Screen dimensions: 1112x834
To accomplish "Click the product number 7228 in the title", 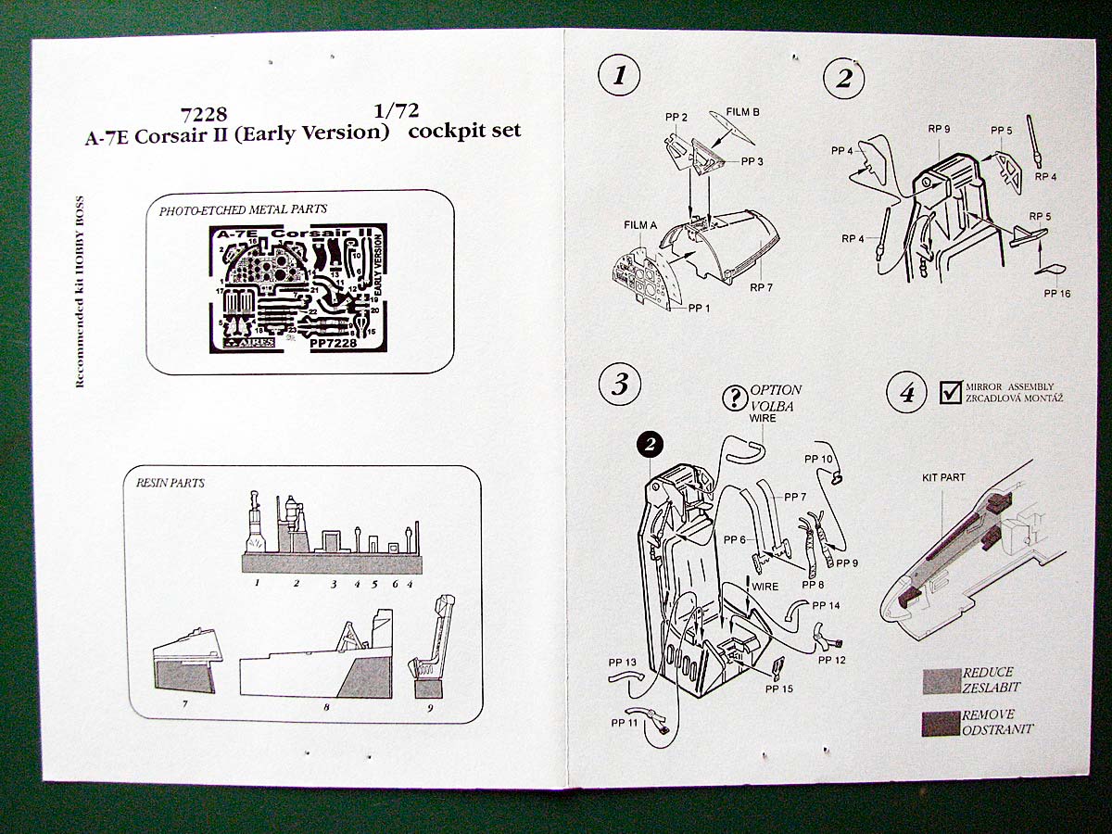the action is click(205, 113).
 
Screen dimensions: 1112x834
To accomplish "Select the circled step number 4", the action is click(905, 395).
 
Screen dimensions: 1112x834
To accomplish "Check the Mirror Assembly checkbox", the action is click(950, 392).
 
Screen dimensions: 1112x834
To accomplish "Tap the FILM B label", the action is click(742, 112).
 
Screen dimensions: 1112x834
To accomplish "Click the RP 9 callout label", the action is click(940, 129).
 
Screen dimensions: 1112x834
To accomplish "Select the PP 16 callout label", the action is click(1056, 293).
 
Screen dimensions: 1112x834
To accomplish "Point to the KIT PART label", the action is click(943, 478).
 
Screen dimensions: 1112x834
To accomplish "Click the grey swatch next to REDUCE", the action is click(941, 680).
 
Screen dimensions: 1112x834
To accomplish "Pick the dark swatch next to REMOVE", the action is click(941, 723).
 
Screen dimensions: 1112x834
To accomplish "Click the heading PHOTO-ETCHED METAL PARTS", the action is click(243, 210).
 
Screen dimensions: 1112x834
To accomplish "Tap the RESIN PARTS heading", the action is click(171, 483).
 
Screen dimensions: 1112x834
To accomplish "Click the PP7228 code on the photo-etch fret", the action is click(335, 342).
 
